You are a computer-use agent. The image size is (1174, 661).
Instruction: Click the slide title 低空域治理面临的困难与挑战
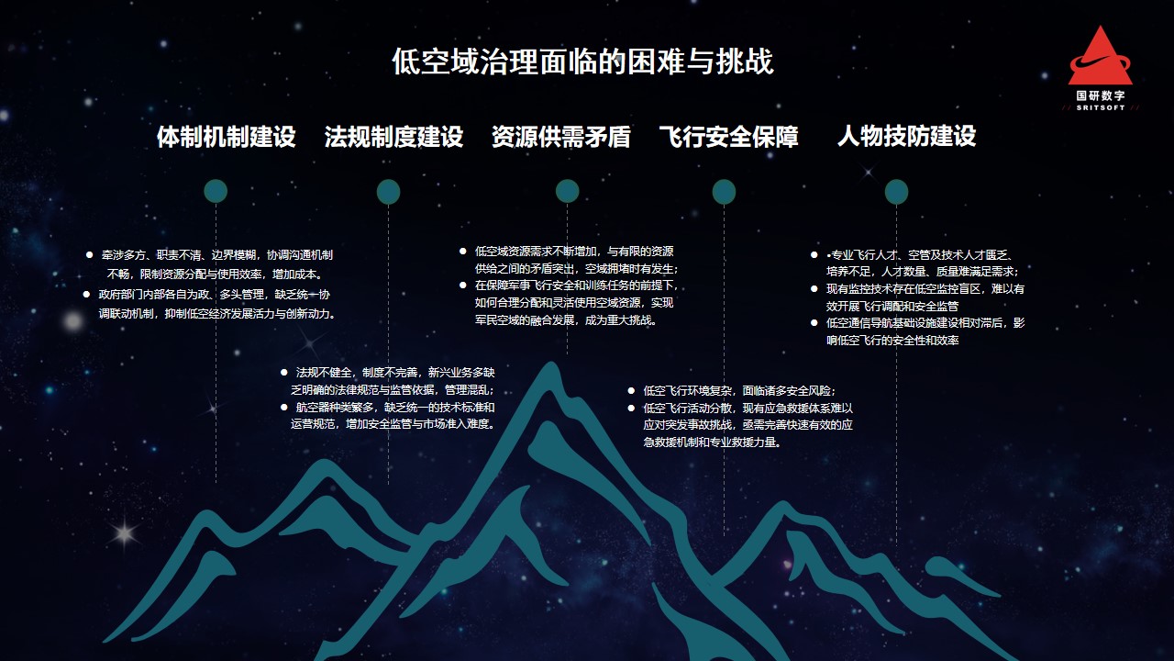pos(582,62)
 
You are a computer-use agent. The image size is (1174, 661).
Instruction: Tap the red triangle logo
pos(1100,57)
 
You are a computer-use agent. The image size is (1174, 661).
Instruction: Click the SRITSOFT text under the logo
pos(1101,107)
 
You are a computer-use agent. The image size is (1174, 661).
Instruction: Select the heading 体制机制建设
pos(227,137)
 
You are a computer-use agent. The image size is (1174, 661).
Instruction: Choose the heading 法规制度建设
pos(393,137)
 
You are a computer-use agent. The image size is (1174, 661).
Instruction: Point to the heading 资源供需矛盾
pos(560,137)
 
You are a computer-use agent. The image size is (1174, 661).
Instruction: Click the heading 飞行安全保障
pos(728,137)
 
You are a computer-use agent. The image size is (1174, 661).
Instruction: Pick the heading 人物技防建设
pos(907,135)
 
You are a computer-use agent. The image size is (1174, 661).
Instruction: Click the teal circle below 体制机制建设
pos(216,192)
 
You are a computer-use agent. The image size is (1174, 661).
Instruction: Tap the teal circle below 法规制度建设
pos(388,192)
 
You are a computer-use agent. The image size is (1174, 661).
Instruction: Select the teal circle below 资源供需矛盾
pos(567,191)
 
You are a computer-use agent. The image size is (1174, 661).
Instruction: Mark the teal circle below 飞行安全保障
pos(724,192)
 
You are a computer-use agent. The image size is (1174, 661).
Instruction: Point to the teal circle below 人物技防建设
pos(896,192)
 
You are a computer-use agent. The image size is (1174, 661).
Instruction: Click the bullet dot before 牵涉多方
pos(89,255)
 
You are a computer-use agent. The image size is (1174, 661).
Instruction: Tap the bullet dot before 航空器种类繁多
pos(284,407)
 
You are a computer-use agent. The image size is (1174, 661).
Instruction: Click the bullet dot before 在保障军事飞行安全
pos(463,286)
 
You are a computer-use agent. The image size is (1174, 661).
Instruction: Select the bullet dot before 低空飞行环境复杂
pos(631,391)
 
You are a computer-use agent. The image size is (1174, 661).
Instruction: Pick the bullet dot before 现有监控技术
pos(814,289)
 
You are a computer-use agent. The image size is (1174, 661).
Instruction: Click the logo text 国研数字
pos(1101,95)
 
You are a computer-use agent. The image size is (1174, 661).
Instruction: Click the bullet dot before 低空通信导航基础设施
pos(814,323)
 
